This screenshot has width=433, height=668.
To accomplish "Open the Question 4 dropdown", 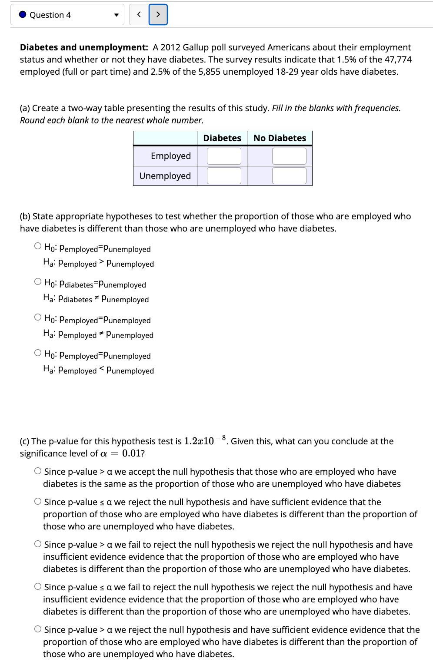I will pos(67,15).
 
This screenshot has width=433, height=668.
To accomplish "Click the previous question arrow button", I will pos(139,15).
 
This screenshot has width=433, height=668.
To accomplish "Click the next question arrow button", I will pos(158,15).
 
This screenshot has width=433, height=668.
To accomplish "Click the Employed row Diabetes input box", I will pos(224,156).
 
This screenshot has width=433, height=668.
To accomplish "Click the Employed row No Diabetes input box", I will pos(289,156).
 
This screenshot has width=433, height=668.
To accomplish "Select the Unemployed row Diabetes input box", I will pos(224,175).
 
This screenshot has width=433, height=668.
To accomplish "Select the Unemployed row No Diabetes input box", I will pos(289,175).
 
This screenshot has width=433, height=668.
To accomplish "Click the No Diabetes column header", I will pos(280,138).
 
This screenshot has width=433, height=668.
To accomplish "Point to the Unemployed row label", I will pos(165,176).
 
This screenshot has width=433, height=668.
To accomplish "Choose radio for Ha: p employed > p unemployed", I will pos(38,246).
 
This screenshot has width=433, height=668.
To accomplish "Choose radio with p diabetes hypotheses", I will pos(38,282).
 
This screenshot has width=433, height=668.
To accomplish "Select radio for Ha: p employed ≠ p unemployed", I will pos(38,317).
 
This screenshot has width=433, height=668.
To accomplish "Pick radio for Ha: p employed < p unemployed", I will pos(38,353).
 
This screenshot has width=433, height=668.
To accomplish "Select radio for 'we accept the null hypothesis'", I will pos(38,471).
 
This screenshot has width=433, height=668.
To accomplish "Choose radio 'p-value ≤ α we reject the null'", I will pos(38,502).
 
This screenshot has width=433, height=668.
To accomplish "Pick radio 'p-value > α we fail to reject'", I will pos(38,544).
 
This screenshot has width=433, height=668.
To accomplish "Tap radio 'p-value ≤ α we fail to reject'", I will pos(38,587).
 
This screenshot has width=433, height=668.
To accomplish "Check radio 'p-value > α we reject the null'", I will pos(38,629).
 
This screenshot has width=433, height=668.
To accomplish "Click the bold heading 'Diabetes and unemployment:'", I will pos(84,47).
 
